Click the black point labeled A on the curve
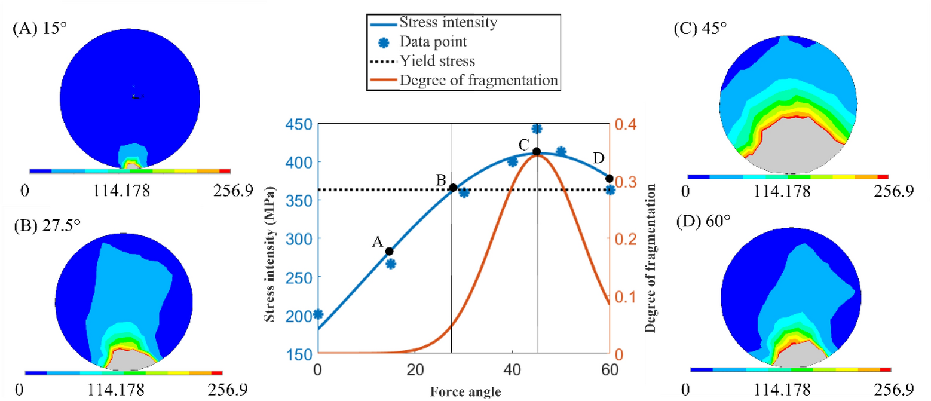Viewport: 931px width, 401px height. tap(389, 251)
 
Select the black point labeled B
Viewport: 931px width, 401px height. tap(453, 188)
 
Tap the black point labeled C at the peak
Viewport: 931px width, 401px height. tap(537, 152)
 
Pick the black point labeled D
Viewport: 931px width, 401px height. tap(610, 179)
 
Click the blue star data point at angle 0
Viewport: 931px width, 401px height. tap(318, 314)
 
